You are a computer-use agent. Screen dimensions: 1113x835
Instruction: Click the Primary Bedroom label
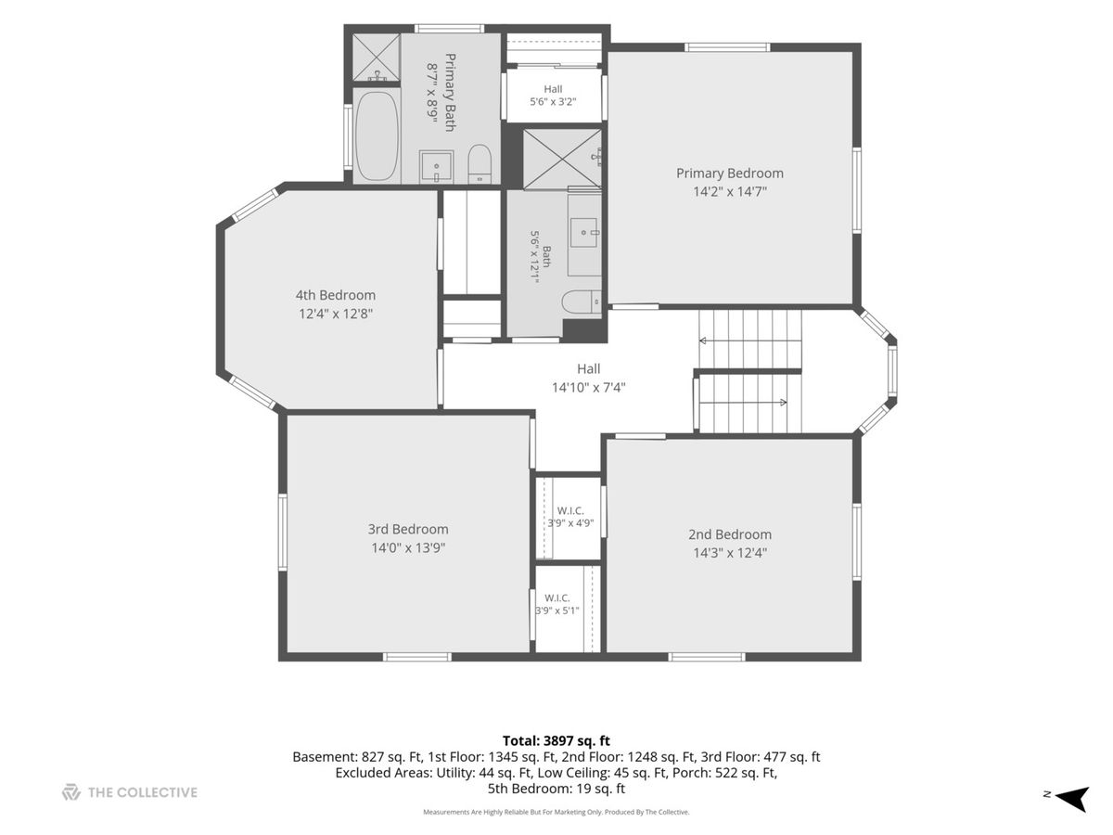point(730,173)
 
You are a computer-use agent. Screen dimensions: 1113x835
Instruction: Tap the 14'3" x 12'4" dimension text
point(730,553)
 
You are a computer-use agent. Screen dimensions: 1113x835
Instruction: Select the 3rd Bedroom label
point(408,529)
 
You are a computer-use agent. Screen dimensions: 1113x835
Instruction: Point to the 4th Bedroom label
point(336,295)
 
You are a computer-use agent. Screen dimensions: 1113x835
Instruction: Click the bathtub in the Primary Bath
point(377,135)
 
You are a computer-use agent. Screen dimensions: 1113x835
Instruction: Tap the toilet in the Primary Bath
point(480,164)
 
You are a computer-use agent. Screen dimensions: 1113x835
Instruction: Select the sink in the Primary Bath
point(436,166)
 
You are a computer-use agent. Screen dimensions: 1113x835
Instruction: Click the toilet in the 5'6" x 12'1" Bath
point(582,302)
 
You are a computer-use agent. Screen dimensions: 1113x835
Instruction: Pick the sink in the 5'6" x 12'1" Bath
point(584,233)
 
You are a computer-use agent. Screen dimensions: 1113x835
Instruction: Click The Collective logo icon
point(71,792)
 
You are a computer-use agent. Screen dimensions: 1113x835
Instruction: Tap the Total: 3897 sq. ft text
point(556,740)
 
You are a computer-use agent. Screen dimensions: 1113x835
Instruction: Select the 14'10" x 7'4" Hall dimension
point(589,388)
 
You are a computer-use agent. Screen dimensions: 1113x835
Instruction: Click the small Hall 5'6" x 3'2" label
point(553,96)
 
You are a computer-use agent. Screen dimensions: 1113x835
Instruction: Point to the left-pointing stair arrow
point(750,340)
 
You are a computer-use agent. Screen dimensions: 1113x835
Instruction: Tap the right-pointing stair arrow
point(743,403)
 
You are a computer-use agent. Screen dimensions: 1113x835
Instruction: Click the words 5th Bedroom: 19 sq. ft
point(556,789)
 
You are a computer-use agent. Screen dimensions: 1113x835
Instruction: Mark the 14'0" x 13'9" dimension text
point(408,548)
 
